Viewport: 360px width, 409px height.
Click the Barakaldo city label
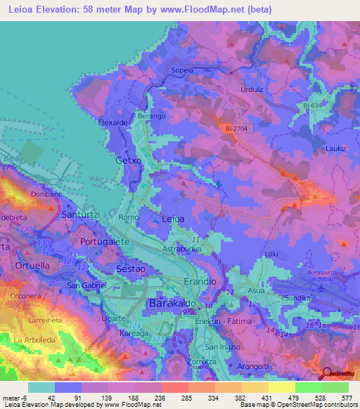[x=172, y=304]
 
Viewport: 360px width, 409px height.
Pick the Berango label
[x=151, y=115]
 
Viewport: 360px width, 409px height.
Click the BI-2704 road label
[x=238, y=129]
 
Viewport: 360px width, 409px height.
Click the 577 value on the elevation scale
[x=346, y=398]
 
